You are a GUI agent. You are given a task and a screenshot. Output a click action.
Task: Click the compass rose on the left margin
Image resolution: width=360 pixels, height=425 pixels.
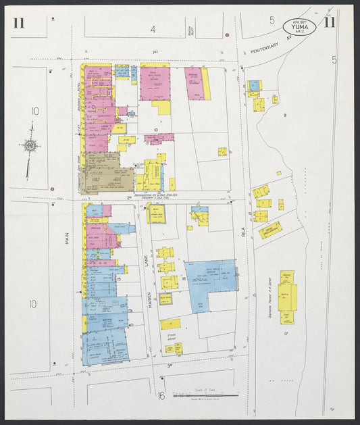pyautogui.click(x=30, y=145)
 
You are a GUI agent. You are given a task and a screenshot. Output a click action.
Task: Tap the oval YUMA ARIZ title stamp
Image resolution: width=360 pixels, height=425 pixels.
pyautogui.click(x=298, y=27)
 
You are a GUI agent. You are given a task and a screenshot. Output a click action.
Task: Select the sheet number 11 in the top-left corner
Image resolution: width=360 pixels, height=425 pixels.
pyautogui.click(x=18, y=24)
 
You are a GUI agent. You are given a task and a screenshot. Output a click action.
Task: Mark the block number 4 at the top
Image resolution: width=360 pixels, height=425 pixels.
pyautogui.click(x=153, y=29)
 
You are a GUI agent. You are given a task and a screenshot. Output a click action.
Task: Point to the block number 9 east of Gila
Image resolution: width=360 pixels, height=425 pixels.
pyautogui.click(x=285, y=116)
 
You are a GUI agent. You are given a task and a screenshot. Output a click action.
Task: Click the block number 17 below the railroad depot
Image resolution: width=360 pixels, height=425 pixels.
pyautogui.click(x=286, y=334)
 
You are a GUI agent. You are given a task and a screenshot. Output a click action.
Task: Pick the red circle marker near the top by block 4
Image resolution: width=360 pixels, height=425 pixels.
pyautogui.click(x=228, y=34)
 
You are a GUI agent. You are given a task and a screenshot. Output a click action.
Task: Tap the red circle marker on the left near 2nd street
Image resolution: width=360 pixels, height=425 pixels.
pyautogui.click(x=51, y=189)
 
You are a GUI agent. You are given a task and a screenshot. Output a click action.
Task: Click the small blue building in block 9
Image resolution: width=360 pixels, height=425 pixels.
pyautogui.click(x=254, y=86)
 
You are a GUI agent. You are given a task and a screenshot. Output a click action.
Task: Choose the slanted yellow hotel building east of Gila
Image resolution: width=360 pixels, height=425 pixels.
pyautogui.click(x=269, y=230)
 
